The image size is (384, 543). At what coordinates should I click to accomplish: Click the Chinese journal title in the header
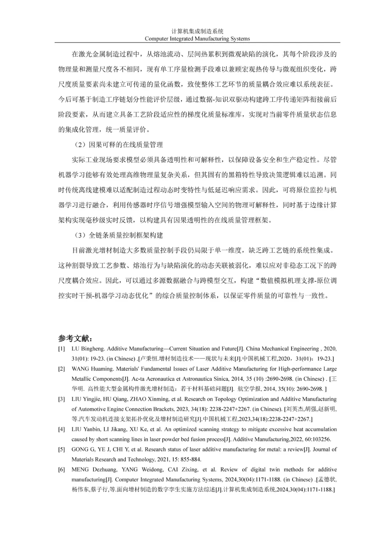pos(197,31)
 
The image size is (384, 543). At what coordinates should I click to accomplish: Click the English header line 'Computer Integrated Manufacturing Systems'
pos(197,39)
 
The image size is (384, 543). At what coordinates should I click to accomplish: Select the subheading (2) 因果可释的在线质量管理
pos(119,145)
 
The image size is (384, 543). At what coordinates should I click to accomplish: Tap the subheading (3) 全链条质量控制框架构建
pos(119,235)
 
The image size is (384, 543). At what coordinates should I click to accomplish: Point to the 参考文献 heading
pos(76,338)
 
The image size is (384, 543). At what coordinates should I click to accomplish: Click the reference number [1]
pos(62,349)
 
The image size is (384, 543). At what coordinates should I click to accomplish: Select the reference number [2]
pos(62,369)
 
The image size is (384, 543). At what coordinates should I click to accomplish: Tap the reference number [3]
pos(62,399)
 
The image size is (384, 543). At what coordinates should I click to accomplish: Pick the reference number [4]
pos(62,429)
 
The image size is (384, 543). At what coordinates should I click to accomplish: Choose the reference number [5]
pos(62,449)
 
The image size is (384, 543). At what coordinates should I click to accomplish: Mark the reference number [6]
pos(62,469)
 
